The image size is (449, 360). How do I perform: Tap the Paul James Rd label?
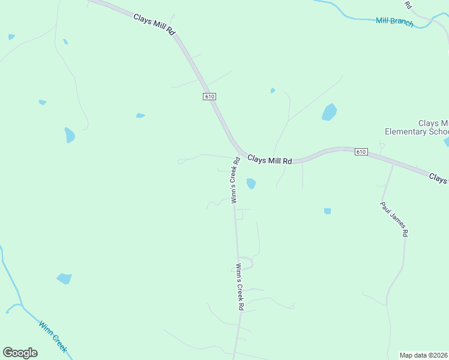[394, 220]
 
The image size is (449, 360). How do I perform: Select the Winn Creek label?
[53, 336]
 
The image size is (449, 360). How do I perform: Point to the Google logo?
[20, 353]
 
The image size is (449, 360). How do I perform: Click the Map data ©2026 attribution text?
[423, 355]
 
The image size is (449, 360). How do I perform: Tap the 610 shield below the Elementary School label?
[360, 152]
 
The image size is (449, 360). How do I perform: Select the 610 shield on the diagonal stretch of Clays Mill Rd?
[208, 96]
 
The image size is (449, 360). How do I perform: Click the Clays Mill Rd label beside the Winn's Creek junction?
[270, 160]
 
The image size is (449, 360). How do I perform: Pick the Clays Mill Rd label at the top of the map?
[154, 24]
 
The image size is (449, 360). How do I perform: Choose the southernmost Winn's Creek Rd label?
[240, 287]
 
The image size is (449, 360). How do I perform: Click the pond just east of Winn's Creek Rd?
[251, 184]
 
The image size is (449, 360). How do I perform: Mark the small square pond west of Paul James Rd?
[327, 211]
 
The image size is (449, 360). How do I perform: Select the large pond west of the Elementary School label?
[329, 112]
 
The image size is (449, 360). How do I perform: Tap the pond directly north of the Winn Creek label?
[64, 278]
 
